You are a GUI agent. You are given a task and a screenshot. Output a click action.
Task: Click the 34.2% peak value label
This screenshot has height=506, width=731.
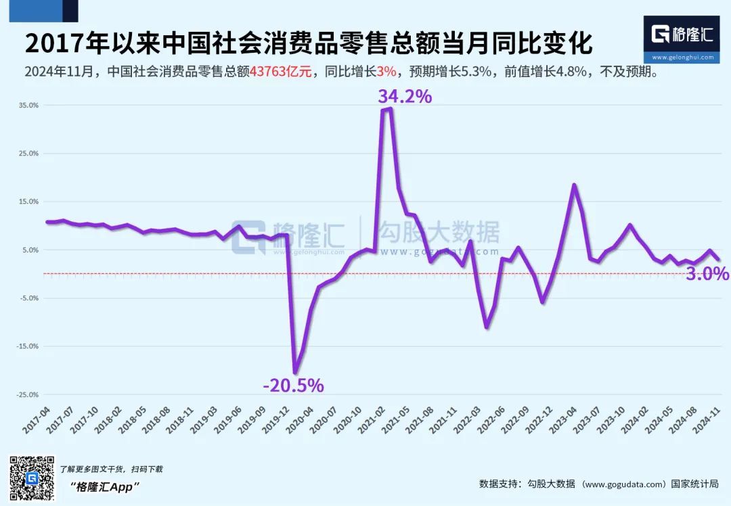click(x=405, y=97)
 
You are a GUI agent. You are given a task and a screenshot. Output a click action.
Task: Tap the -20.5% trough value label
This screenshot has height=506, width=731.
click(x=293, y=386)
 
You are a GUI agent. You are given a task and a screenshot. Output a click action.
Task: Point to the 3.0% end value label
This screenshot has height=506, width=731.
click(x=707, y=274)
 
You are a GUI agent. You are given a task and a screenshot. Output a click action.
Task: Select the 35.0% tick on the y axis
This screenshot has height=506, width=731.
click(x=29, y=106)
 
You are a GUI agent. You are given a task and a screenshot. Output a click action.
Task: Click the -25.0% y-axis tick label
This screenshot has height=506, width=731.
click(x=28, y=394)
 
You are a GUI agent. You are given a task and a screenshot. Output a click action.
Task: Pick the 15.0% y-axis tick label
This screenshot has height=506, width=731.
click(x=29, y=202)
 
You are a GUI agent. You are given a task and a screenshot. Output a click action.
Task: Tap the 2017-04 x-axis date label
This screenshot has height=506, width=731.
click(x=39, y=421)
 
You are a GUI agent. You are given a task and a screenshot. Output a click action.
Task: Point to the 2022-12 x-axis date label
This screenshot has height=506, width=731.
click(x=541, y=421)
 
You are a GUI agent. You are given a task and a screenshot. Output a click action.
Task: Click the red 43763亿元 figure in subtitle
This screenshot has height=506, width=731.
click(x=281, y=72)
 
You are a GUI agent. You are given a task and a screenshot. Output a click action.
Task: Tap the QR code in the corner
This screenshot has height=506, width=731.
click(x=31, y=479)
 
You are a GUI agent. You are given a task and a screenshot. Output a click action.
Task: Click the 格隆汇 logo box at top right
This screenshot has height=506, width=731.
click(x=682, y=39)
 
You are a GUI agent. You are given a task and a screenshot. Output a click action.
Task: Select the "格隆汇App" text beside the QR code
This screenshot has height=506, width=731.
click(x=106, y=486)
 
